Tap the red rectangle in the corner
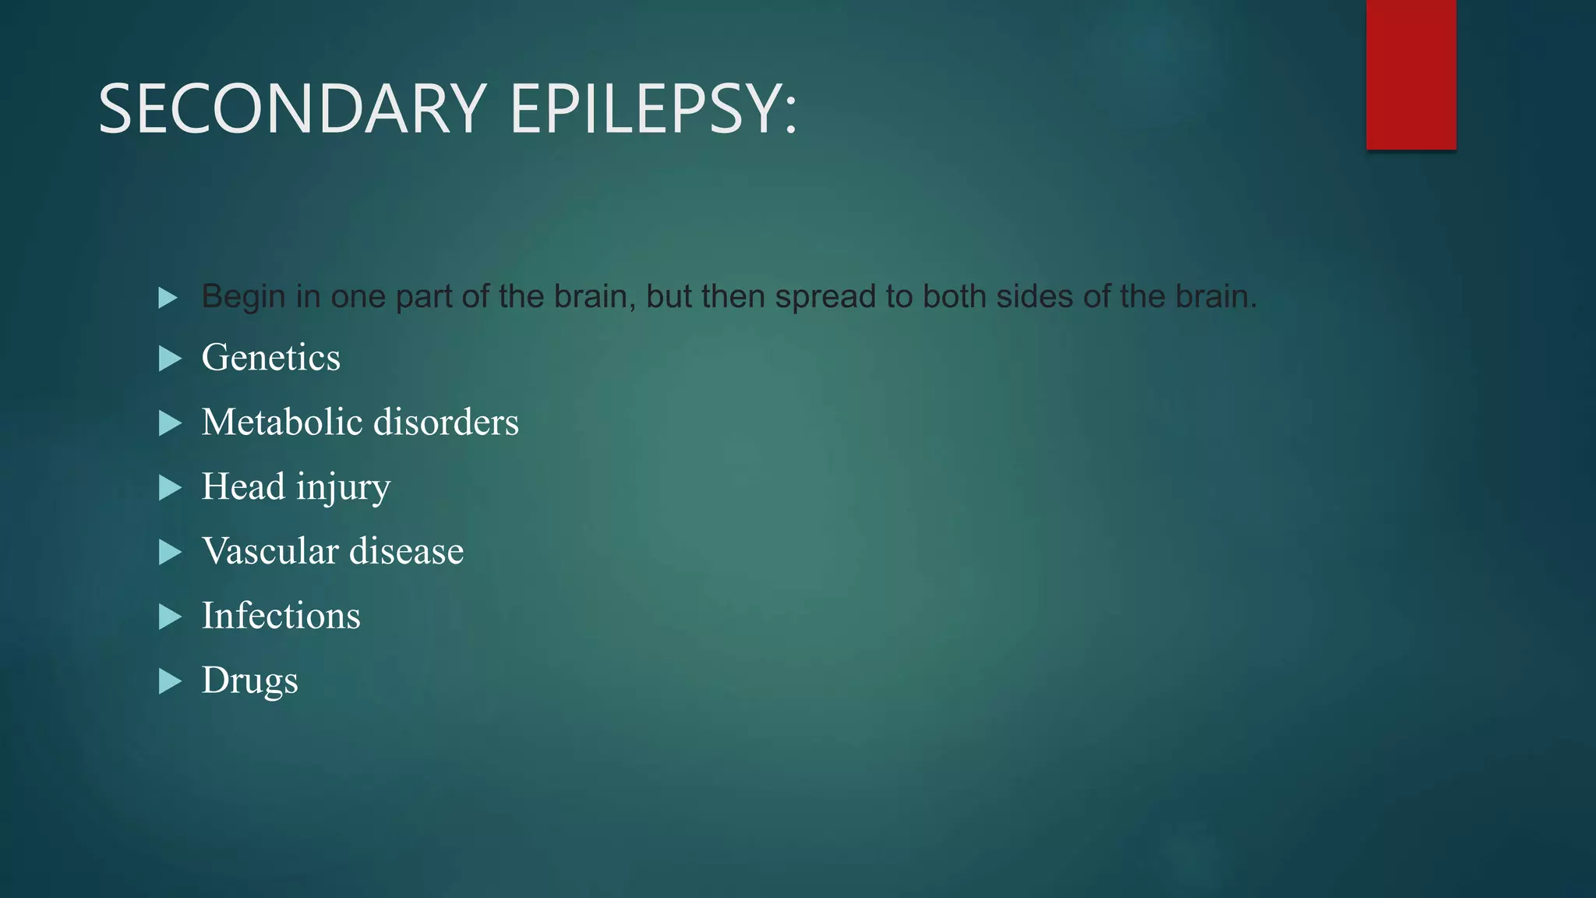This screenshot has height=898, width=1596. [1411, 74]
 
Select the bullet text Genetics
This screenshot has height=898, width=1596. [270, 359]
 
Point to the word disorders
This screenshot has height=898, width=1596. [446, 422]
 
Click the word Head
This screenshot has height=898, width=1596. [243, 487]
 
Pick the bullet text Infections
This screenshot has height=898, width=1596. [281, 616]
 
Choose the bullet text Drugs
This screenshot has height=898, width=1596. [249, 681]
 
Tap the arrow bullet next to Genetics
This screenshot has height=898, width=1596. [169, 359]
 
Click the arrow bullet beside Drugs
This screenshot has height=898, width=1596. [169, 681]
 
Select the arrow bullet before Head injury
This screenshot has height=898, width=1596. [169, 488]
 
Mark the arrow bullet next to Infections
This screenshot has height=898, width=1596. [169, 617]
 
